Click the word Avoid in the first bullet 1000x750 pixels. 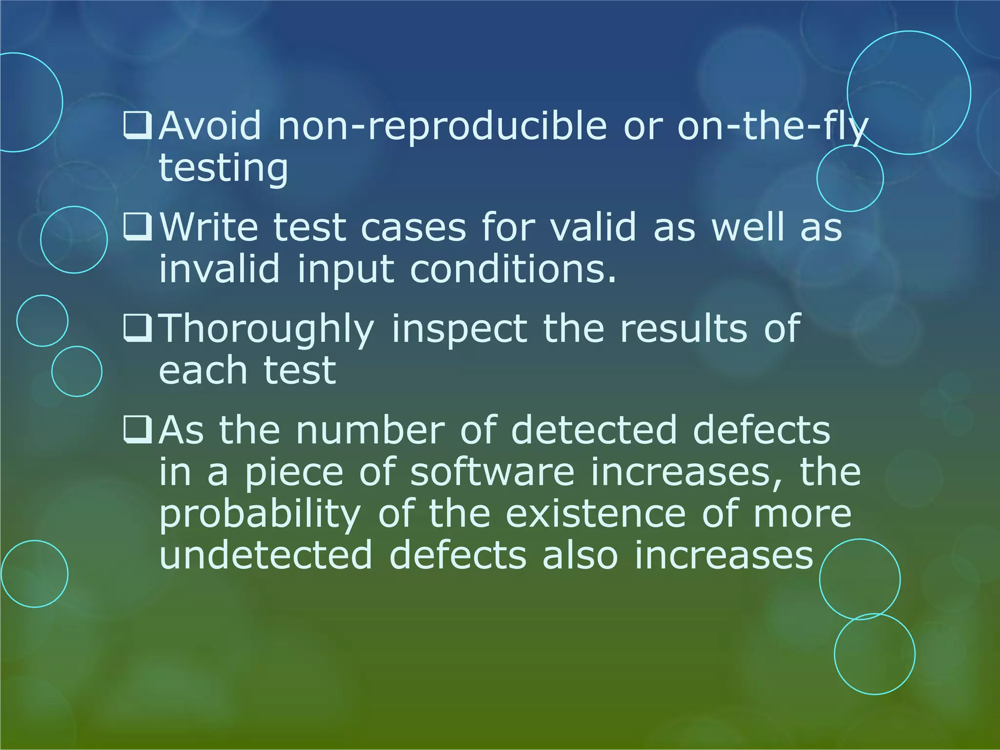210,126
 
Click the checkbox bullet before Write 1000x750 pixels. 138,228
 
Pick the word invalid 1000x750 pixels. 220,268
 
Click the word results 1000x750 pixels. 684,328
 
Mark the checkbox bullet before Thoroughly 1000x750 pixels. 138,329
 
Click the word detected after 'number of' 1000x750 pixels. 593,430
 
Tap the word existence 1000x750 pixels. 596,514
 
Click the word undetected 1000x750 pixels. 266,555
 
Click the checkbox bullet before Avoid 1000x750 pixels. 138,126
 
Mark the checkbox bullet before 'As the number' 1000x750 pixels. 138,430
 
